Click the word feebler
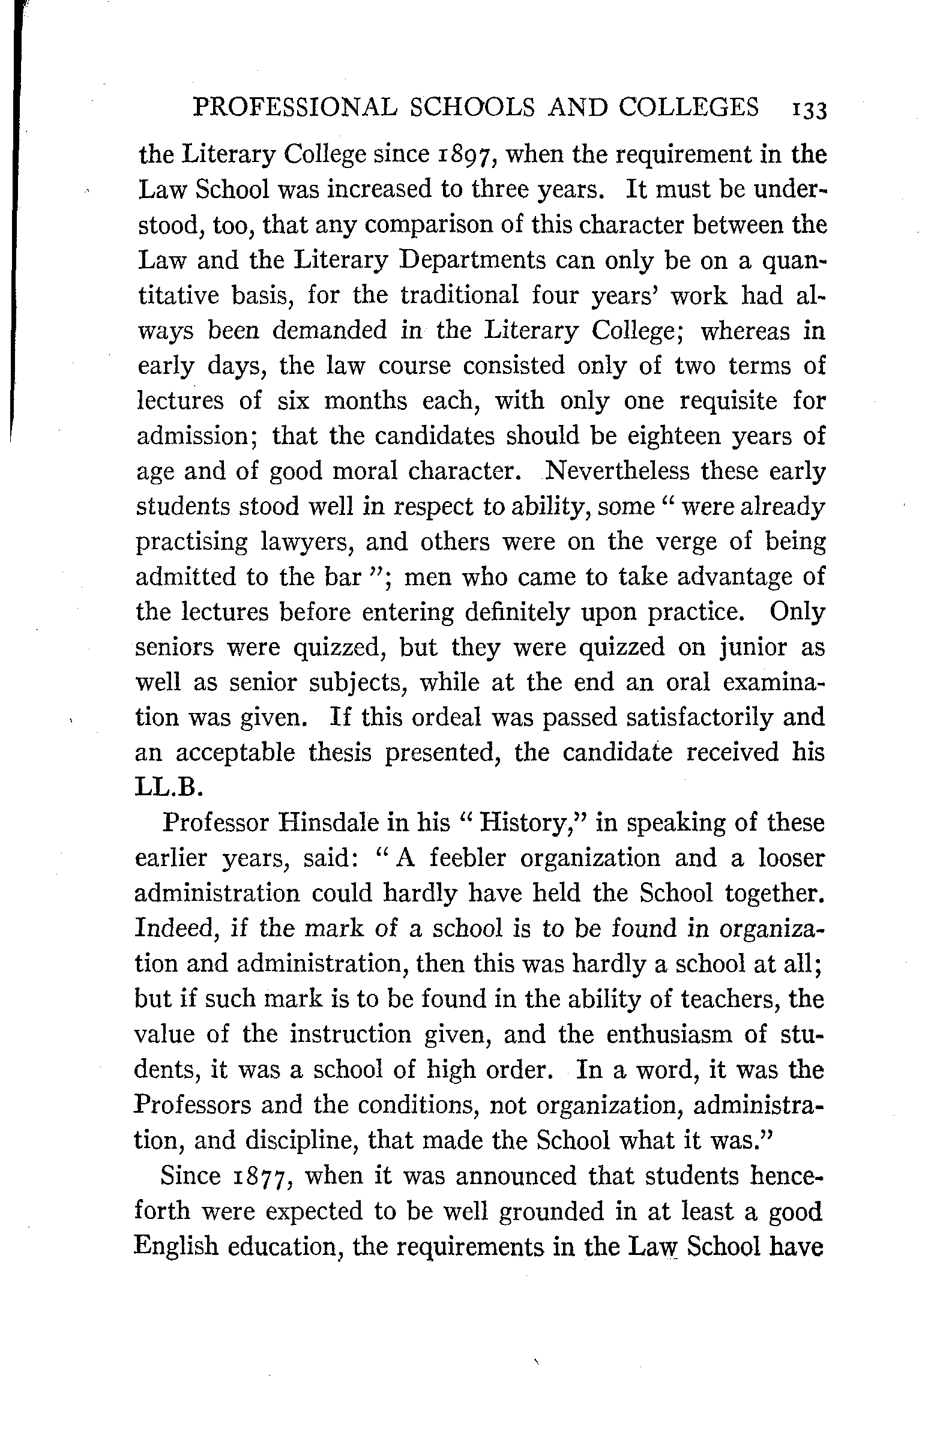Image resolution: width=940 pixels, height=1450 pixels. [x=466, y=858]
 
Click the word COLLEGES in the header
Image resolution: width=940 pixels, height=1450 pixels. [x=689, y=107]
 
